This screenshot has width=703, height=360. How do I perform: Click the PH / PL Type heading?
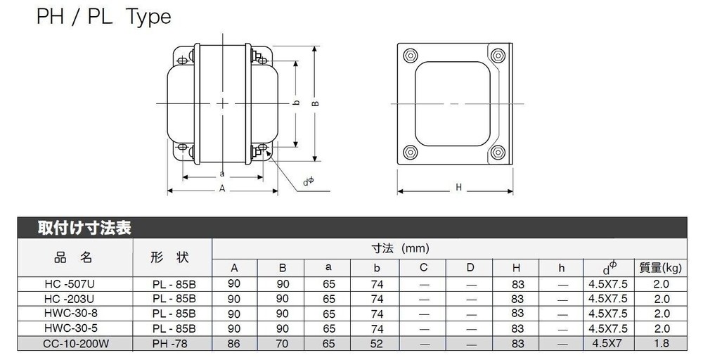tap(103, 16)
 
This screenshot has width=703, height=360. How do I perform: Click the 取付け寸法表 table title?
tap(84, 228)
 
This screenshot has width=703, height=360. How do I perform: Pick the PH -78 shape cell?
tap(173, 343)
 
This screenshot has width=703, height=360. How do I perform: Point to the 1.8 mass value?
tap(661, 343)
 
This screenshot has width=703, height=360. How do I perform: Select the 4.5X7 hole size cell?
tap(607, 343)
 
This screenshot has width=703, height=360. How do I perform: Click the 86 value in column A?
tap(234, 343)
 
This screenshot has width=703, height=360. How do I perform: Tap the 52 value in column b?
tap(376, 343)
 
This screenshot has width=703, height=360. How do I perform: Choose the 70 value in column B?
tap(281, 343)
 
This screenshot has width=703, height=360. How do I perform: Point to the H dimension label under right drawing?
tap(458, 187)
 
